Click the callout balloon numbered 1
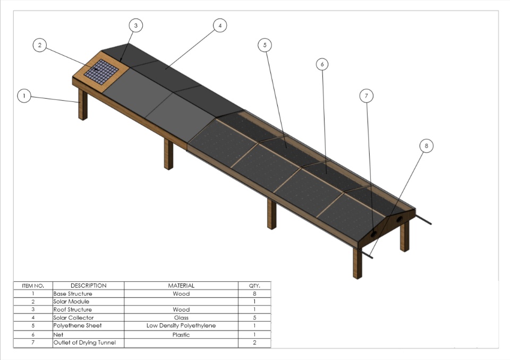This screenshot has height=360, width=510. tap(24, 96)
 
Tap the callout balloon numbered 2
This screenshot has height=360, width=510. tap(39, 45)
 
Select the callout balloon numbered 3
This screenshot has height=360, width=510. tap(136, 25)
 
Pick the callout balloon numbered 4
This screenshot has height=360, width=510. tap(219, 25)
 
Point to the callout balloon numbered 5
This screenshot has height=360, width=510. tap(265, 45)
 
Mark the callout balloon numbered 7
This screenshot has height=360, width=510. tap(366, 96)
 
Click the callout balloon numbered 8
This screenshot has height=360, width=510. tap(426, 145)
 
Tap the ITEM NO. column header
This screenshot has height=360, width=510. tap(33, 286)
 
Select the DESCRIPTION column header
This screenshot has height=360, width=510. tap(88, 286)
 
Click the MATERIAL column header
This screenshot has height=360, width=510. tap(181, 286)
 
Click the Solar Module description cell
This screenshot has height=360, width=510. tap(71, 302)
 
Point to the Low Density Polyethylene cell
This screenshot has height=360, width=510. tap(181, 325)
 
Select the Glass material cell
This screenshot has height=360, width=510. tap(181, 318)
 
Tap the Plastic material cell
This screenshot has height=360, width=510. tap(181, 335)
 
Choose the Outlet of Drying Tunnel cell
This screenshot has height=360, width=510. tap(84, 343)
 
